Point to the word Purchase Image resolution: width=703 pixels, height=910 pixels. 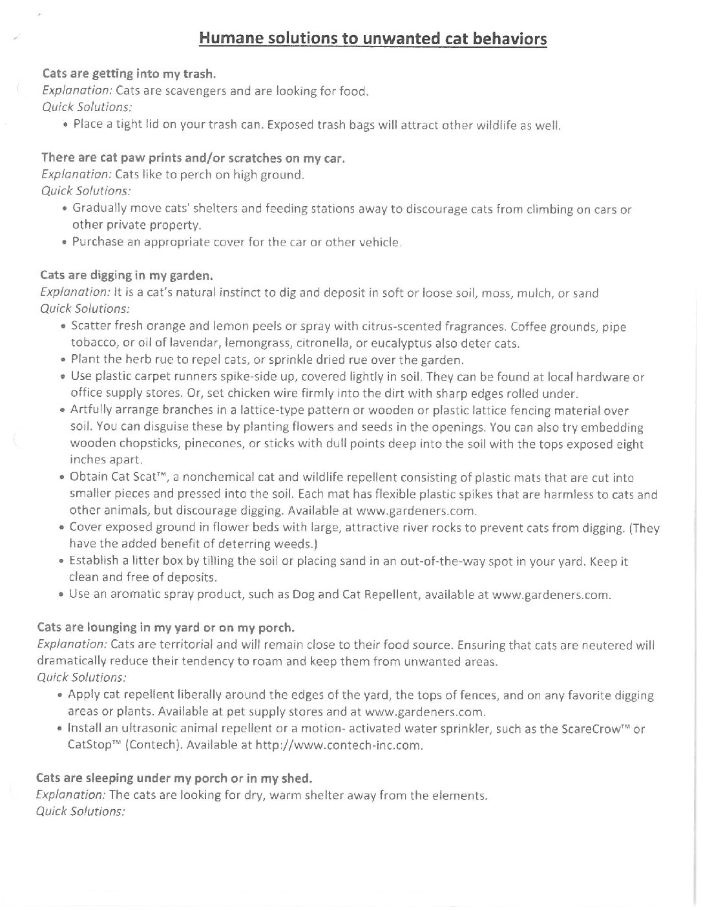point(96,242)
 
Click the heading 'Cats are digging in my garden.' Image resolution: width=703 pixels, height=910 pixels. point(127,275)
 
